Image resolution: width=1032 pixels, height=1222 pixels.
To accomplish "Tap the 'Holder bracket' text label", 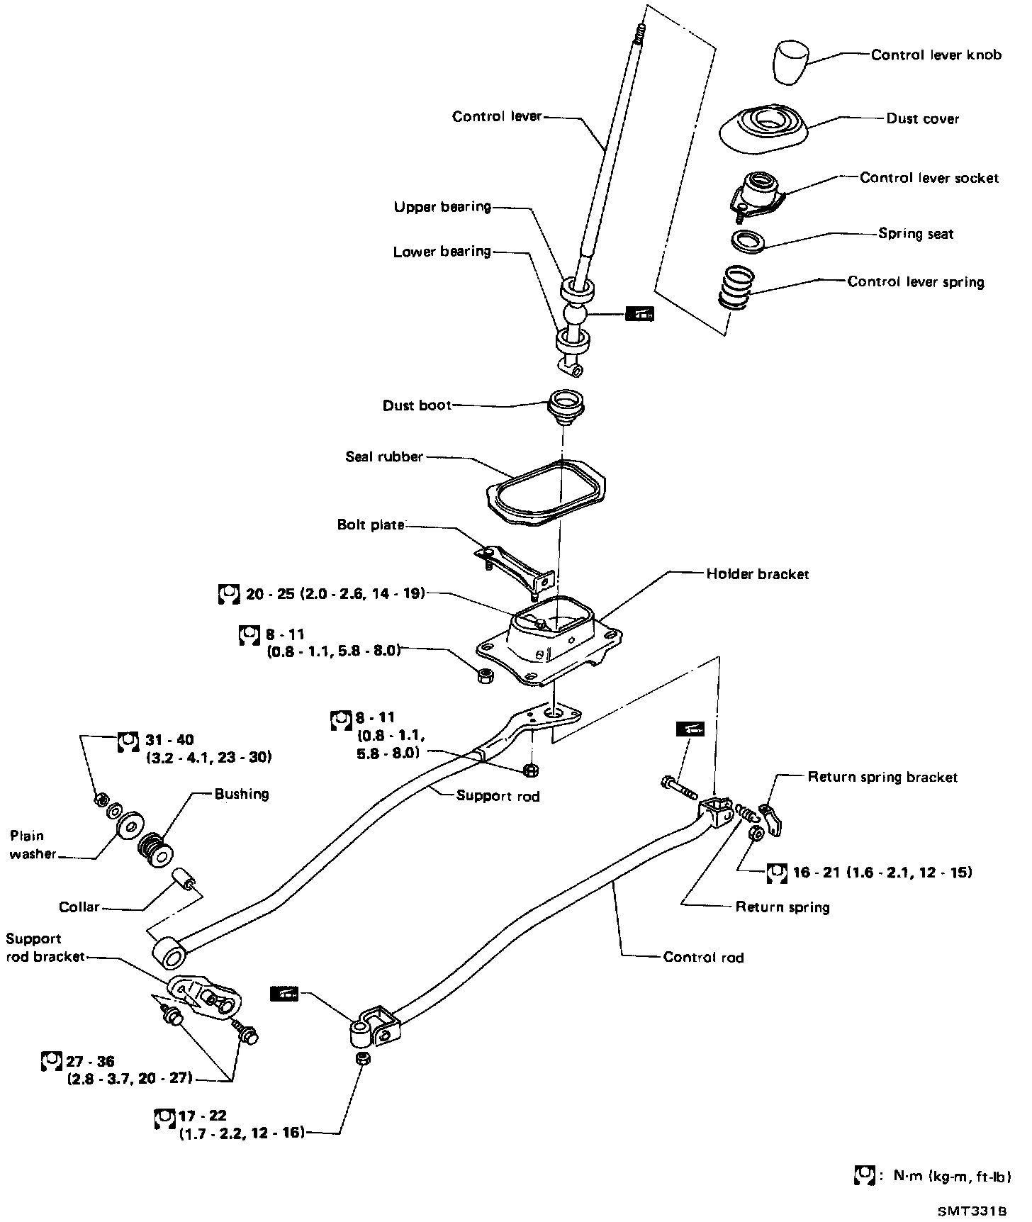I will click(x=757, y=574).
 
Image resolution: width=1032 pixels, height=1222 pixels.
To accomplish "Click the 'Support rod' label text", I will click(x=498, y=796).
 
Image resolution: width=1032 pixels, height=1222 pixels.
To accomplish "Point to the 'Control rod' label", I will click(x=703, y=958).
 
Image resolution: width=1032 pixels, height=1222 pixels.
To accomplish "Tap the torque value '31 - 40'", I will click(x=169, y=740).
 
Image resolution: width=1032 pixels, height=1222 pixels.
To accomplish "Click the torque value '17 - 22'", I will click(x=203, y=1116).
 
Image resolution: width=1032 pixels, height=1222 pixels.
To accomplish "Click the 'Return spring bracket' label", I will click(x=882, y=778).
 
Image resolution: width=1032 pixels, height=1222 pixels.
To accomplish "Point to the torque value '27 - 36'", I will click(x=90, y=1061).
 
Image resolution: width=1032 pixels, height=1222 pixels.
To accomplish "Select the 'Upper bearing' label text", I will click(x=442, y=207).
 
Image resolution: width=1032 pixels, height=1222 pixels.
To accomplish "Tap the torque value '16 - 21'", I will click(x=822, y=872).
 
